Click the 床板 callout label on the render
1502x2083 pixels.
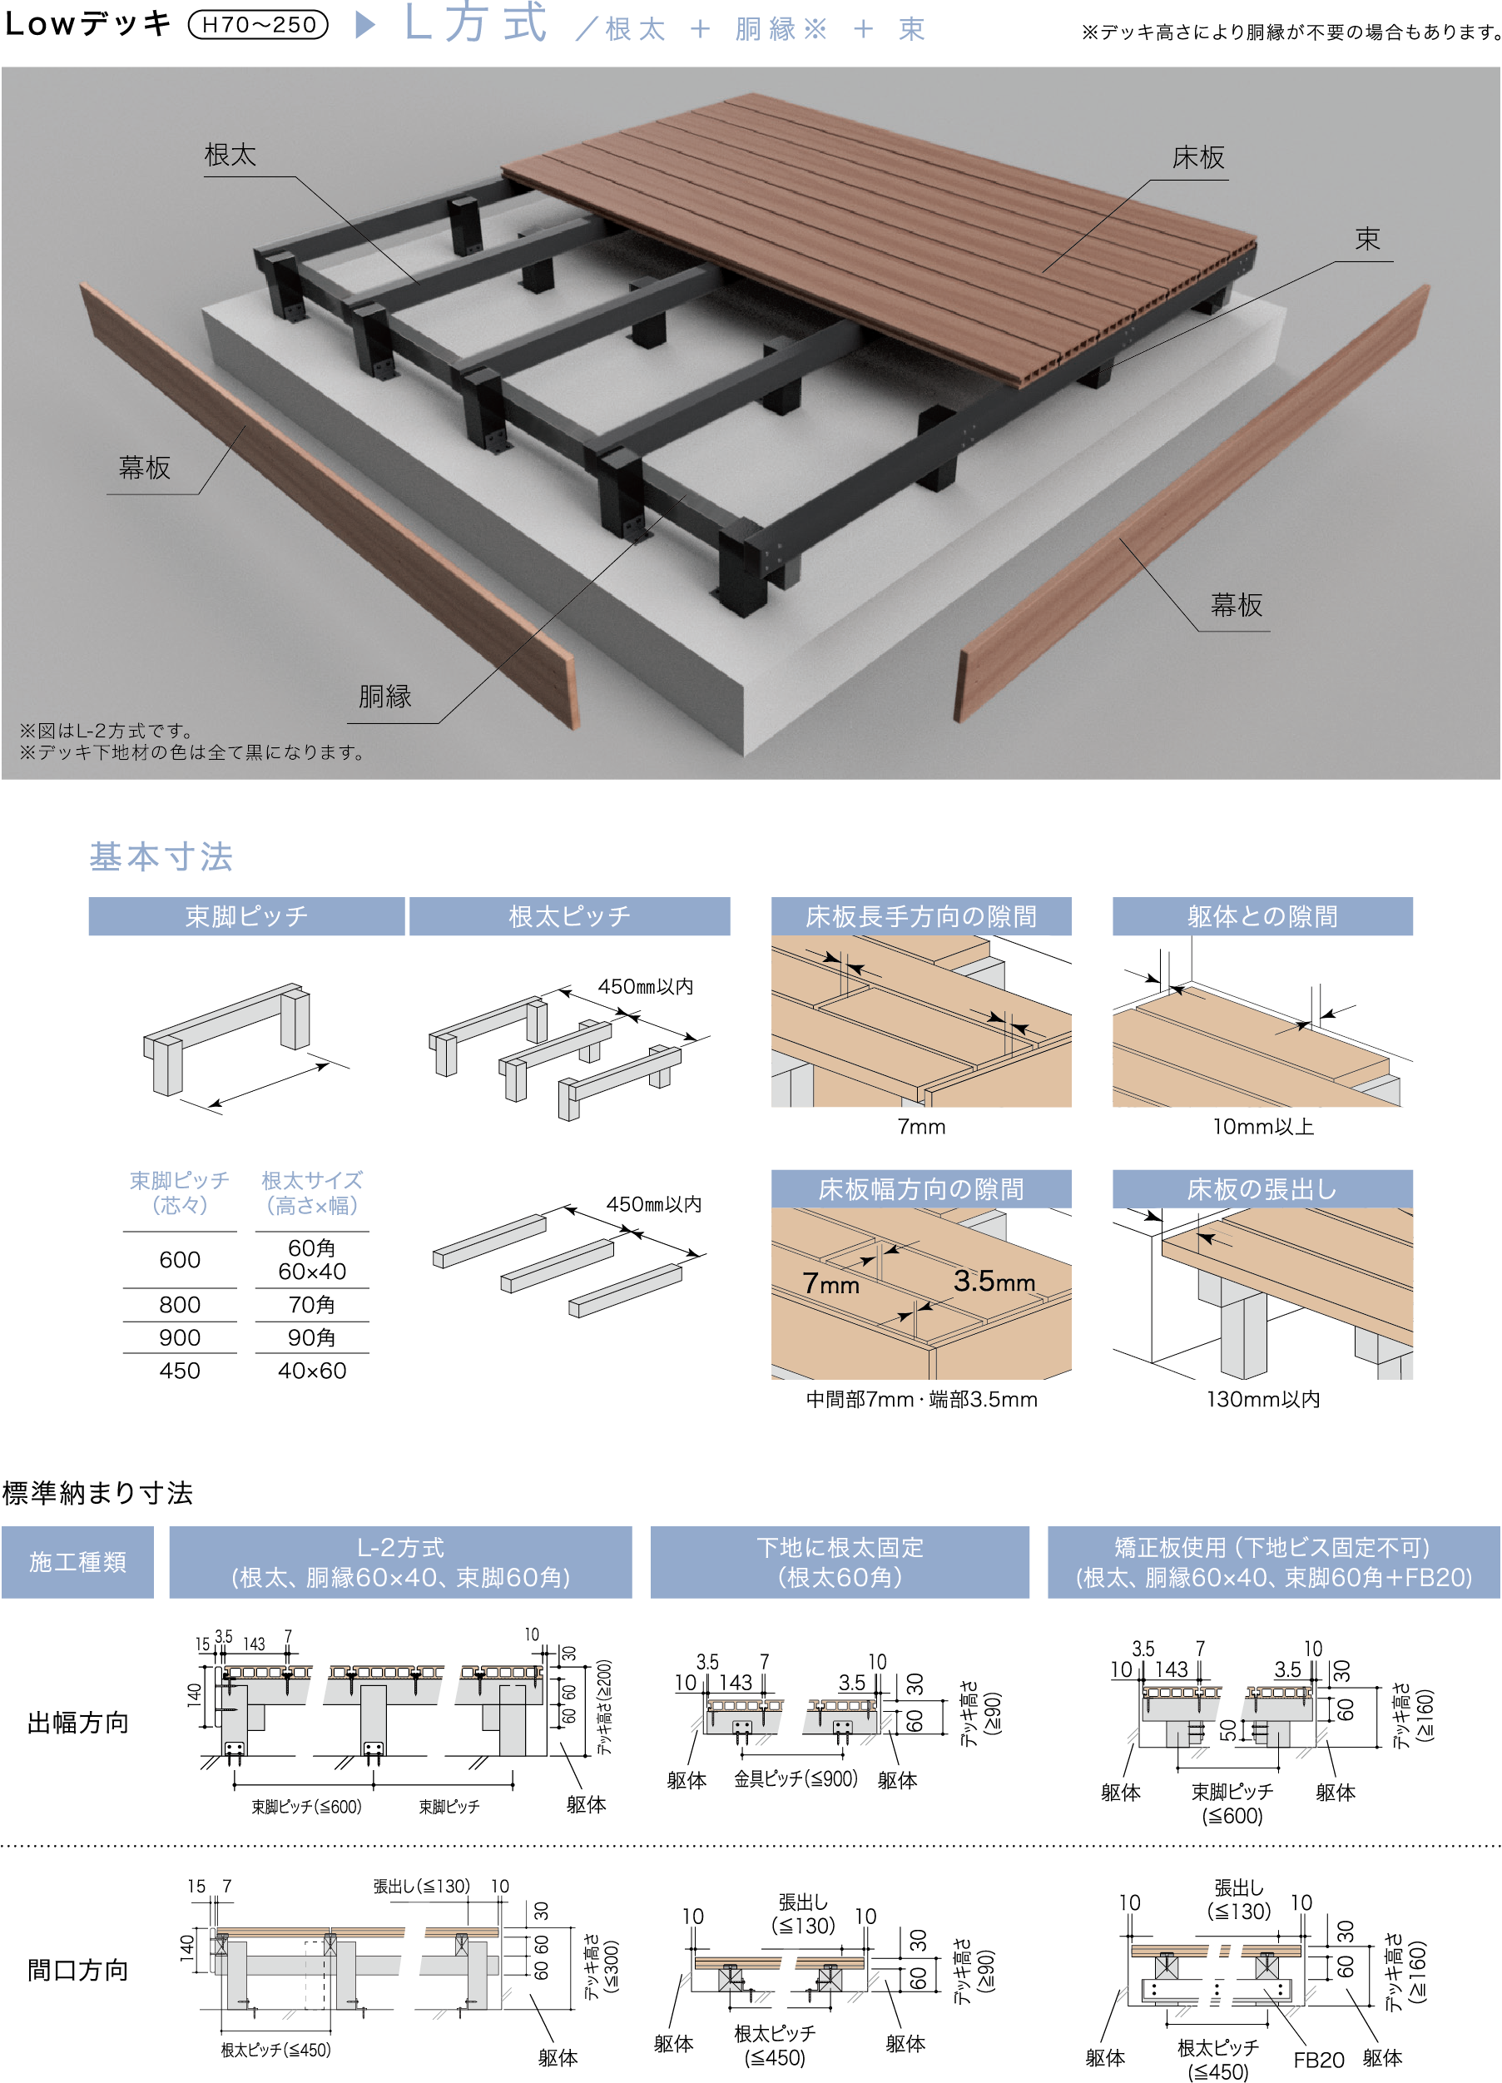point(1198,158)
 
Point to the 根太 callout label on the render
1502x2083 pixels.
point(230,154)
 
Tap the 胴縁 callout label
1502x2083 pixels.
point(384,697)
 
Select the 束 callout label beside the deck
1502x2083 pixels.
point(1367,239)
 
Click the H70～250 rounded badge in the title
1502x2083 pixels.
point(258,25)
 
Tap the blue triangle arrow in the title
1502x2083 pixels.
point(365,25)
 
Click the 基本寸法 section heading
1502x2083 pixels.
point(161,856)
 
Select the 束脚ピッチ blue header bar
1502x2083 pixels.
point(246,915)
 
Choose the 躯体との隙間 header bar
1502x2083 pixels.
point(1262,915)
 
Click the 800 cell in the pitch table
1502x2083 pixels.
point(180,1304)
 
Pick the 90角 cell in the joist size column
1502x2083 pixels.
point(311,1337)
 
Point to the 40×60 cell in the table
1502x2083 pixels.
point(312,1371)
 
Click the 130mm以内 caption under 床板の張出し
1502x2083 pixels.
point(1263,1399)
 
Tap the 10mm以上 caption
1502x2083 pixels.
point(1263,1126)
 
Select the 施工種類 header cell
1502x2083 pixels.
point(77,1562)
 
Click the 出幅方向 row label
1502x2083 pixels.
point(78,1722)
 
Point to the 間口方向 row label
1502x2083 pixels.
point(78,1970)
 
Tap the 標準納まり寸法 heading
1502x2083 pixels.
point(97,1492)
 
